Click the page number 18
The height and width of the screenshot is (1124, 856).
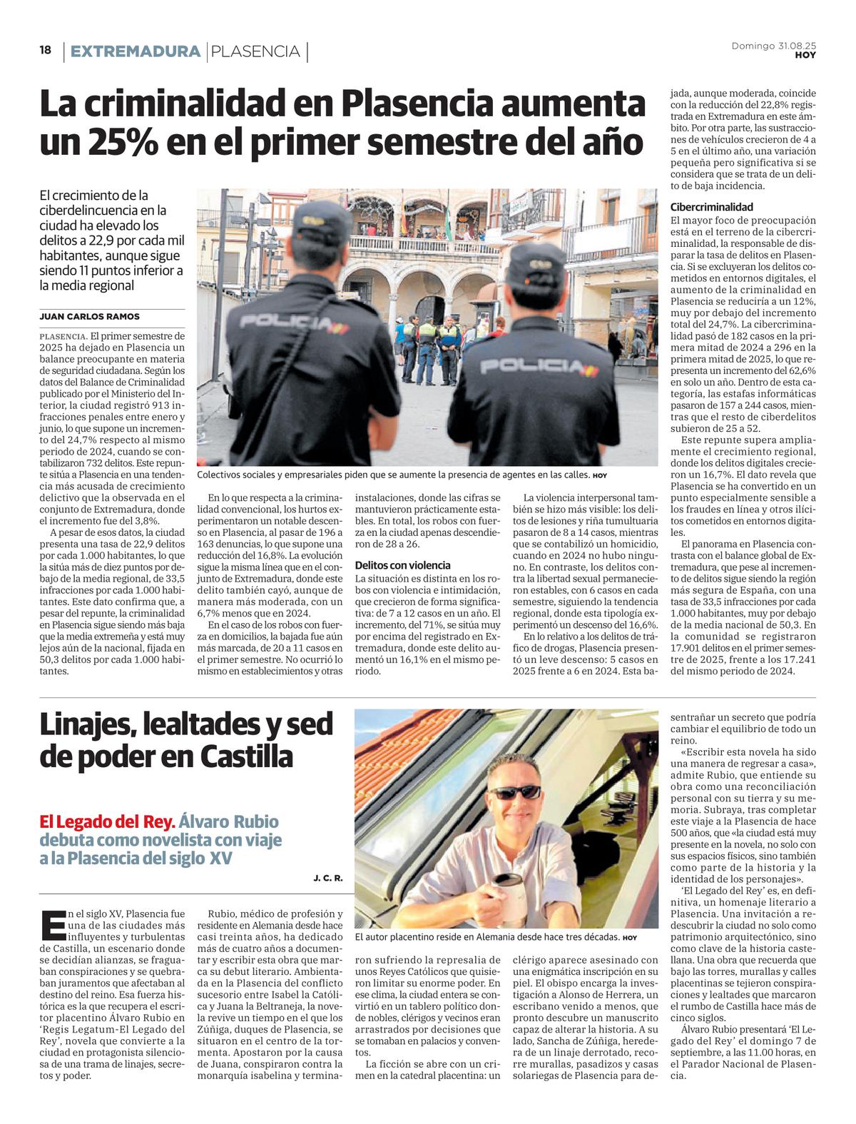click(46, 51)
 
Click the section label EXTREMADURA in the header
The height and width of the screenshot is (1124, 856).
click(136, 51)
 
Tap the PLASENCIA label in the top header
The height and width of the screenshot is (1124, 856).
click(256, 51)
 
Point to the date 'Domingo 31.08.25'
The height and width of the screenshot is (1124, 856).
click(774, 46)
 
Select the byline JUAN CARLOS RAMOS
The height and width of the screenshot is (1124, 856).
click(90, 316)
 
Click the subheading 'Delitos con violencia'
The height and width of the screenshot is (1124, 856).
click(402, 565)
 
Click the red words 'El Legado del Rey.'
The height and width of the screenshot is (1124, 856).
click(108, 821)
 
